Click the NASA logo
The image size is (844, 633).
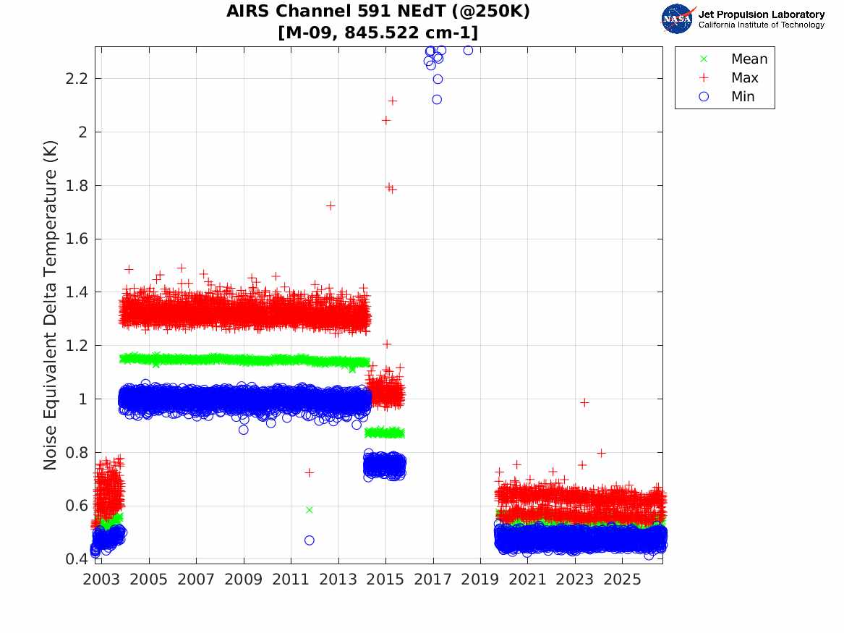(x=678, y=19)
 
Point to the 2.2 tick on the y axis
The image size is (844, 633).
(x=76, y=79)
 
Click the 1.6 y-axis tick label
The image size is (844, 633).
(x=76, y=239)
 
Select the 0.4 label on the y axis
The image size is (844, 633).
(x=76, y=558)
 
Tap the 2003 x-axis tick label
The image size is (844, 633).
(x=101, y=579)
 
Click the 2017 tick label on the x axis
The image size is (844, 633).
(x=432, y=579)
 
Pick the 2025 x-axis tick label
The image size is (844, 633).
(x=622, y=579)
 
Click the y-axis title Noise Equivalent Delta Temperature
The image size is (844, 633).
(x=50, y=305)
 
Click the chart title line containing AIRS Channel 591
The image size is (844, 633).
(x=378, y=11)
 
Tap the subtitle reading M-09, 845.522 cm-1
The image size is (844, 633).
(x=378, y=33)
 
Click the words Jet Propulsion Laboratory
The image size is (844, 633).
(x=762, y=14)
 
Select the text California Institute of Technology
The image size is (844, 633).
(x=762, y=25)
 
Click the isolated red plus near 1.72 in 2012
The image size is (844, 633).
(x=331, y=205)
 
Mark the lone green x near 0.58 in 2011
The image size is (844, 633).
(x=309, y=510)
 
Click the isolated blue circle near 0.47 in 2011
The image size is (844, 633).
(x=309, y=540)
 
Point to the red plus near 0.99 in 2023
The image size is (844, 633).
(x=584, y=403)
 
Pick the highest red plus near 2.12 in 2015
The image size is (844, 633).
(x=393, y=101)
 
